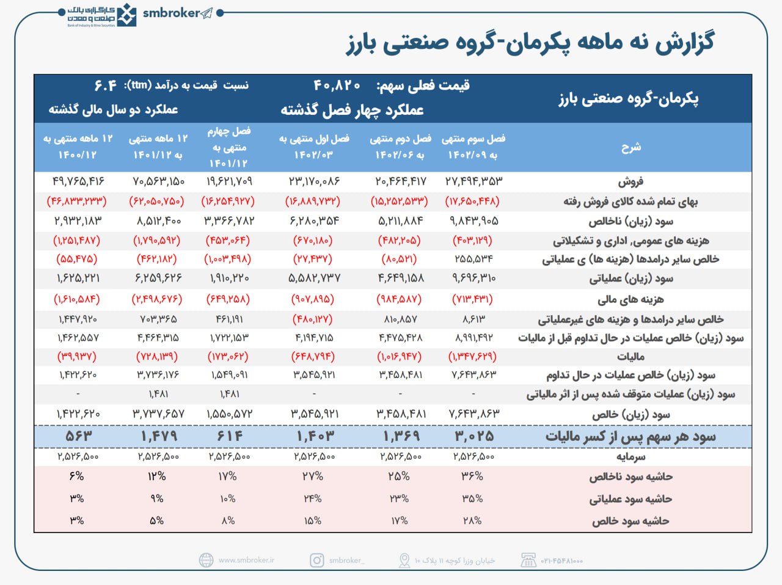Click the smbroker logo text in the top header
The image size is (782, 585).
(x=171, y=13)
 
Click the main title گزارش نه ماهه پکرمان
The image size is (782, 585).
(x=530, y=43)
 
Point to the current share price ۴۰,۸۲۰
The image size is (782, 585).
(x=337, y=85)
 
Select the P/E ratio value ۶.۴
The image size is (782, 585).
(x=105, y=85)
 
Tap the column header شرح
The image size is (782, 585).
(x=631, y=147)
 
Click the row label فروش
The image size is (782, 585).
(x=631, y=181)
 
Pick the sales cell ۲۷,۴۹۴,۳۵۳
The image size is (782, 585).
(x=473, y=181)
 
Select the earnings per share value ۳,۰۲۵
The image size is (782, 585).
(x=473, y=437)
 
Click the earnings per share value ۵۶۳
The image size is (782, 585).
(x=78, y=437)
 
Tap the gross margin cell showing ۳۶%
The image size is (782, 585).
(x=472, y=476)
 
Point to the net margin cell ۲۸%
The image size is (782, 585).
(x=472, y=521)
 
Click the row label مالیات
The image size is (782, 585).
(x=631, y=357)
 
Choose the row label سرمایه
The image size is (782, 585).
(x=631, y=457)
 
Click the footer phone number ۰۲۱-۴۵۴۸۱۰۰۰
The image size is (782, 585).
(x=561, y=561)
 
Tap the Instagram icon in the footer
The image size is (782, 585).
(x=317, y=560)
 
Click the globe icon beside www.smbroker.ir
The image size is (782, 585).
(x=206, y=560)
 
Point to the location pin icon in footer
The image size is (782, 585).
(x=404, y=560)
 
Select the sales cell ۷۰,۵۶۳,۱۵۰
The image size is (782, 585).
(x=157, y=181)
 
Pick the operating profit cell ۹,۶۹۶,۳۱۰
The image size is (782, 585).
(x=473, y=278)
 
